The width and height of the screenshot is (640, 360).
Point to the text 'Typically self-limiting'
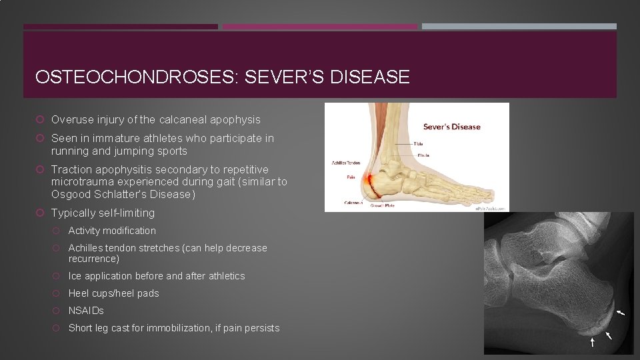tap(103, 213)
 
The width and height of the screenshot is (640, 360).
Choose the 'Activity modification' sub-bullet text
tap(112, 231)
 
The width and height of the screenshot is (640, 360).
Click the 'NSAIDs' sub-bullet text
tap(86, 311)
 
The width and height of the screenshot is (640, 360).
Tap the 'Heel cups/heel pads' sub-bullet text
tap(113, 293)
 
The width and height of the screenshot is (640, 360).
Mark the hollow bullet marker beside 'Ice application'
tap(57, 276)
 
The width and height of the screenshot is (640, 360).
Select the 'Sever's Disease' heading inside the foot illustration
tap(451, 127)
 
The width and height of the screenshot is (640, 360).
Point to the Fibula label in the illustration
tap(424, 155)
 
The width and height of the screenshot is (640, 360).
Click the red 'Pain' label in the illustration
tap(351, 178)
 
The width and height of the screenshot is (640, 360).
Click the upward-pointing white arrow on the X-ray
tap(592, 342)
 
